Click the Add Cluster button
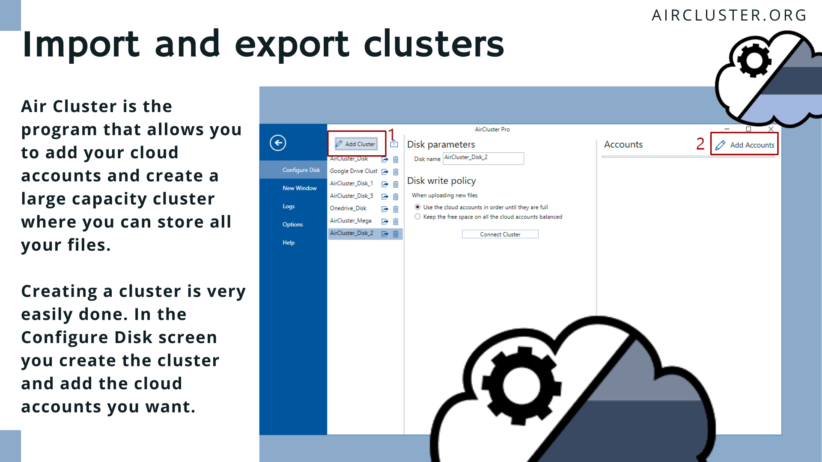click(x=356, y=144)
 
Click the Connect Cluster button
click(x=500, y=234)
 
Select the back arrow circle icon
click(x=278, y=143)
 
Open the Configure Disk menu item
click(x=301, y=170)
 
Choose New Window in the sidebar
click(x=299, y=188)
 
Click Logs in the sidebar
click(x=289, y=206)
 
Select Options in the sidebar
click(x=292, y=225)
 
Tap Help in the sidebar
click(x=289, y=243)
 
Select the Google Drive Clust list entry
click(x=354, y=171)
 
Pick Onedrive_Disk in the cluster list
click(x=348, y=208)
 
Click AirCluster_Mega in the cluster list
click(x=351, y=221)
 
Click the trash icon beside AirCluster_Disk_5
click(x=396, y=197)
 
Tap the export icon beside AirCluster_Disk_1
click(x=385, y=184)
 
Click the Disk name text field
click(x=483, y=158)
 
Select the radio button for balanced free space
click(x=417, y=217)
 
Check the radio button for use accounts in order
click(x=417, y=207)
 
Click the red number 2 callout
click(x=700, y=144)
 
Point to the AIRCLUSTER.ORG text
click(x=729, y=15)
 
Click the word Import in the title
click(x=81, y=44)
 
